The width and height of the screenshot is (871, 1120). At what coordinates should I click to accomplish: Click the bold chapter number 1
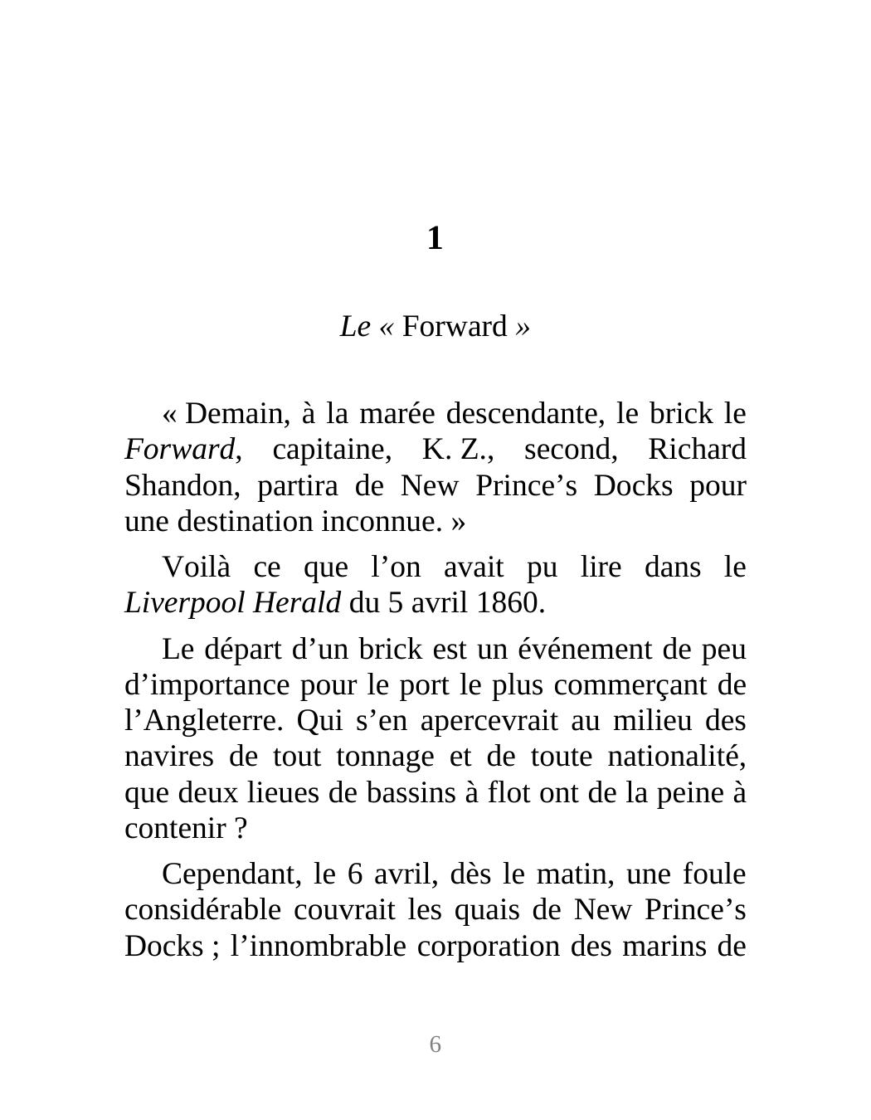coord(435,239)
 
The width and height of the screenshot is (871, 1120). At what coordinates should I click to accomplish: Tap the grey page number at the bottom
coord(435,1045)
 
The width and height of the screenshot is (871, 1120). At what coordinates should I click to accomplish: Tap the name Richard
coord(696,450)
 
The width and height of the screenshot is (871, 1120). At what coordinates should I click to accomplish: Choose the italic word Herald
coord(296,603)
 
